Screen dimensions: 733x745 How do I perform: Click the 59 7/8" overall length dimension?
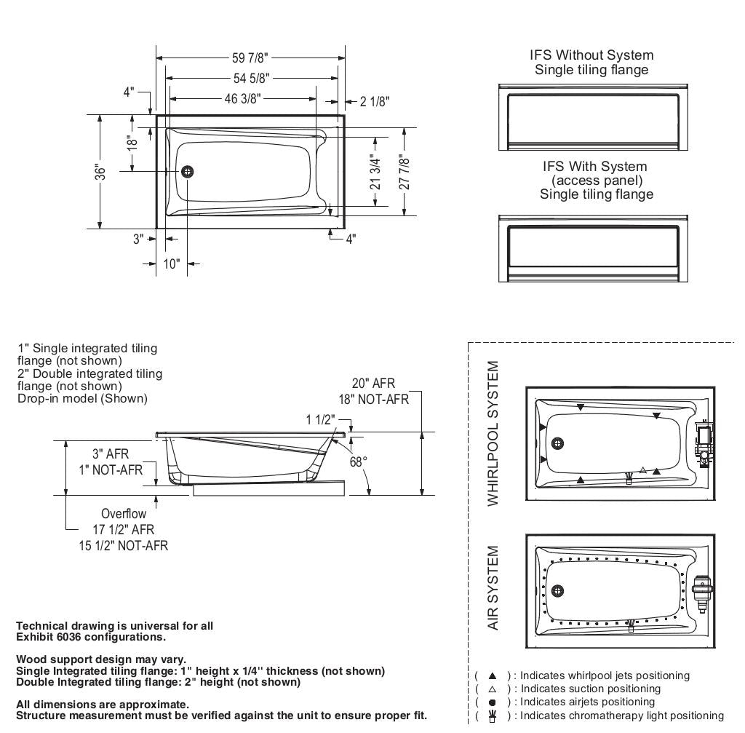(x=250, y=58)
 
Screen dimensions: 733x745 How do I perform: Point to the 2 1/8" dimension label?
(x=374, y=101)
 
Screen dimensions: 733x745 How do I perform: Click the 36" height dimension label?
(x=101, y=172)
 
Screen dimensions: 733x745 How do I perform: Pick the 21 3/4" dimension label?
(x=375, y=172)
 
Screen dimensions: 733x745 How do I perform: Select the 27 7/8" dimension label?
(x=405, y=172)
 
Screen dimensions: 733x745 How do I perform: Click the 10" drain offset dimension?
(x=171, y=264)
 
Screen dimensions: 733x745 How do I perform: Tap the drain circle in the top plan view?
(x=188, y=172)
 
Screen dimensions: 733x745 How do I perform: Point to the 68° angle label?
(x=359, y=461)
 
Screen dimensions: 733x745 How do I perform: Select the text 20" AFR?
(x=373, y=384)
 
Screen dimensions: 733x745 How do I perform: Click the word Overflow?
(x=123, y=514)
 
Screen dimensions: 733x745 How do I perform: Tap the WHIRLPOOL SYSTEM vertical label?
(x=494, y=434)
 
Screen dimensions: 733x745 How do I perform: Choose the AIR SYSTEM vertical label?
(x=494, y=588)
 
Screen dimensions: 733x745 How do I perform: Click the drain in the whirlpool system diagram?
(x=558, y=443)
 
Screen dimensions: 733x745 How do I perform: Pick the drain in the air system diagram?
(x=558, y=590)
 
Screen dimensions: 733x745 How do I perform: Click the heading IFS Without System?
(x=591, y=55)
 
